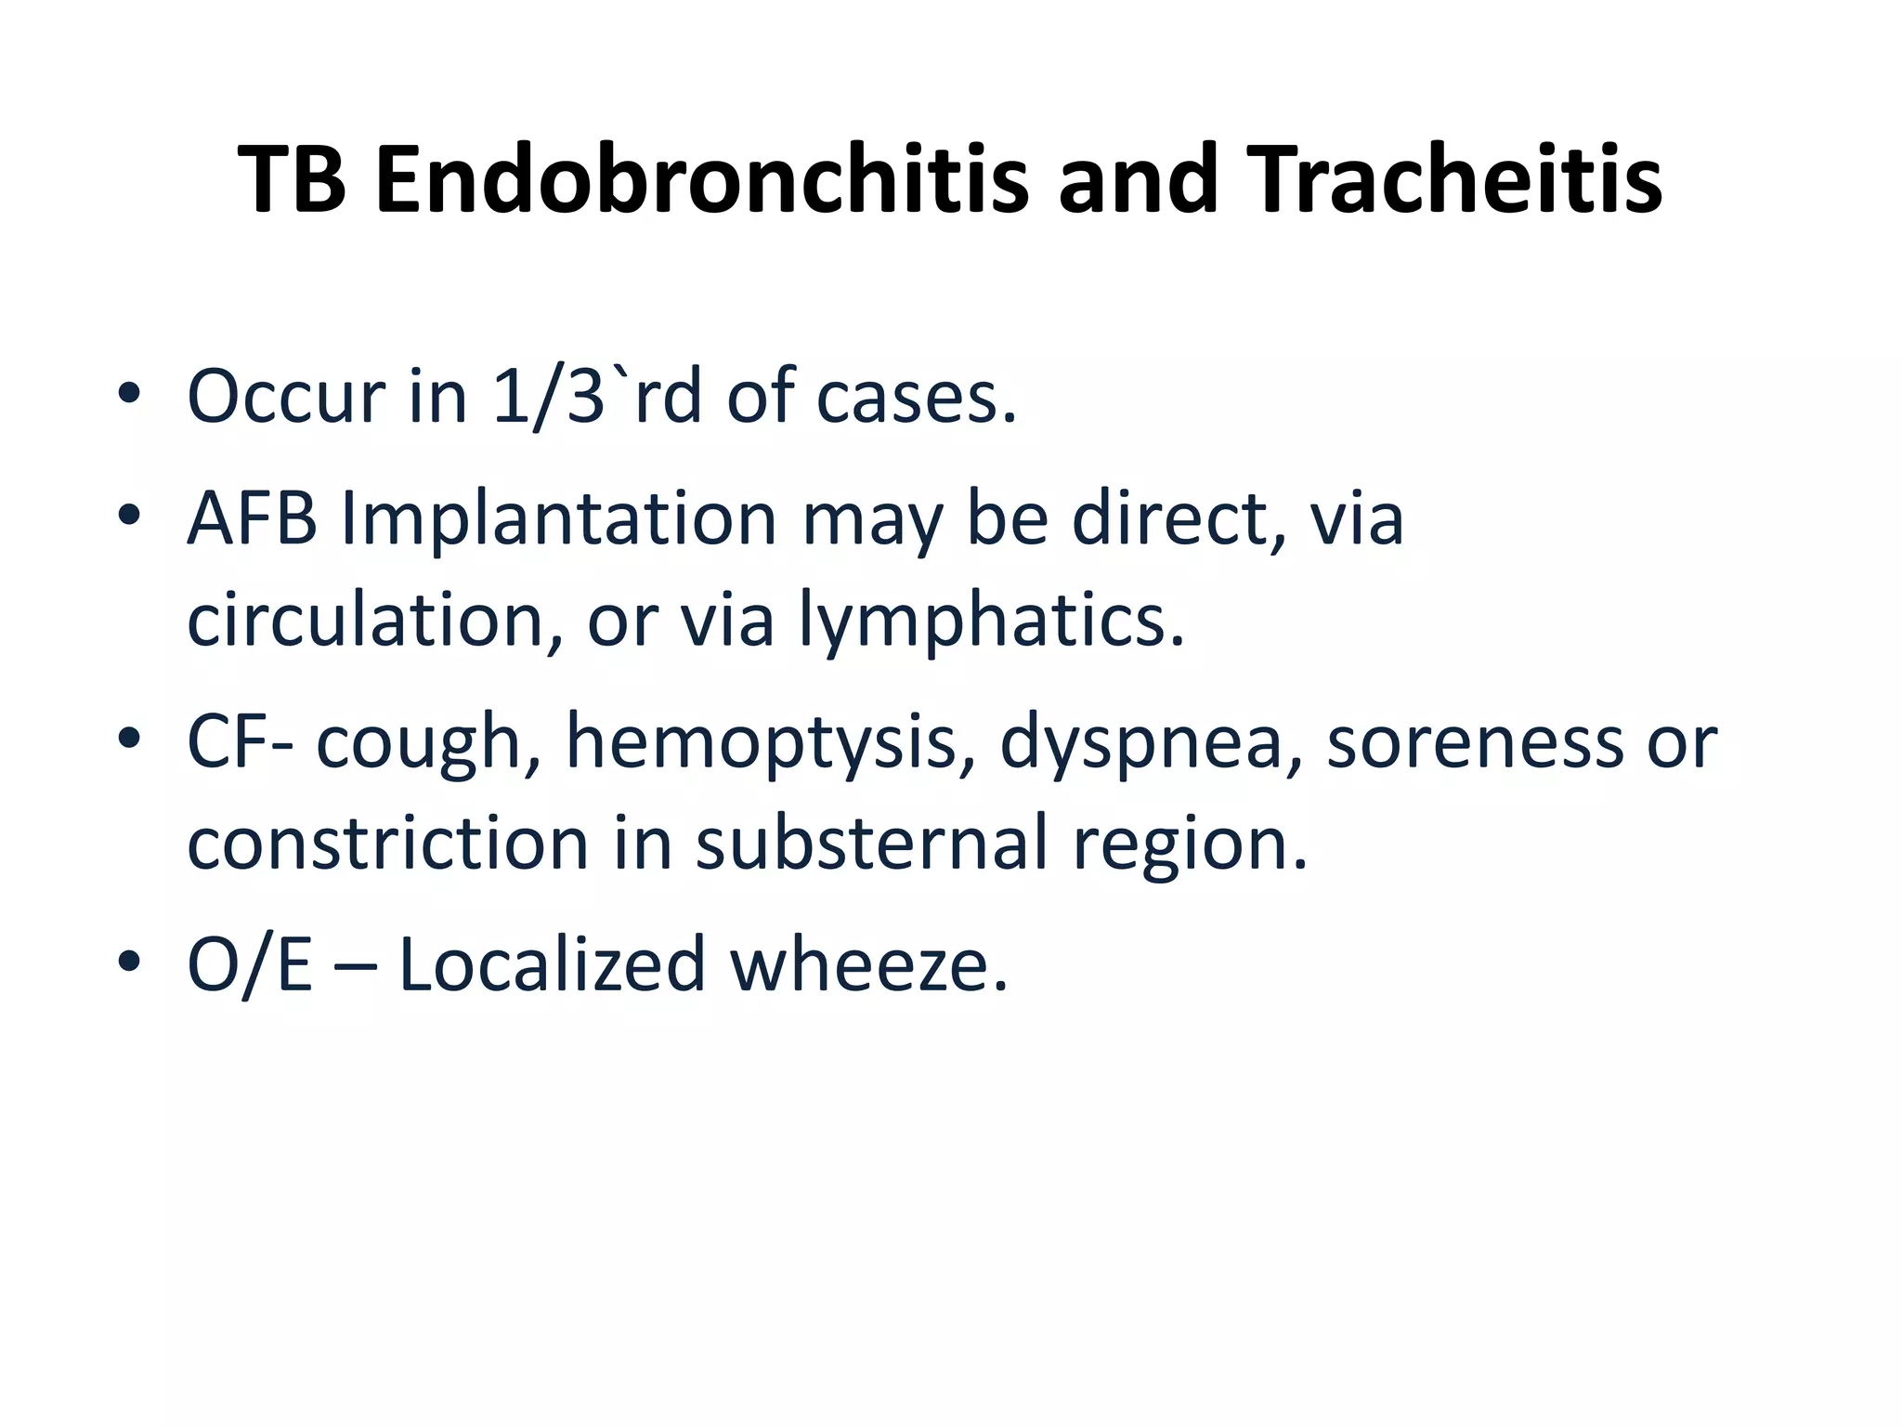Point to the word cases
(917, 397)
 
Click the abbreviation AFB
(252, 517)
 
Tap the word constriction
(388, 843)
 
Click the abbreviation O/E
(250, 964)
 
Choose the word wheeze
(868, 964)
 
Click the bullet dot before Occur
(129, 394)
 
